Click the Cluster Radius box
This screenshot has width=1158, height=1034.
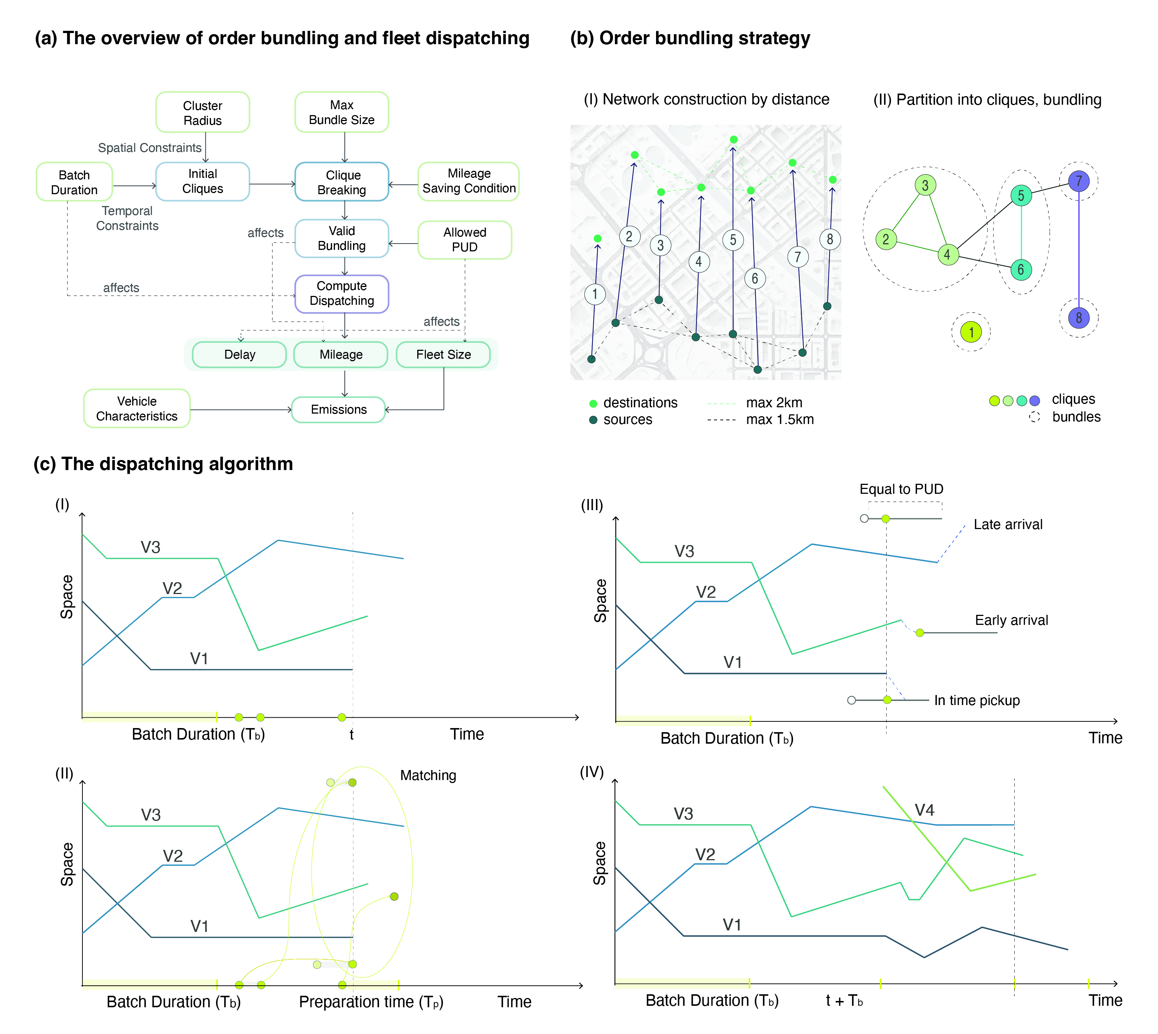(x=202, y=112)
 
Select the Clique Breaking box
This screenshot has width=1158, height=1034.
(x=342, y=182)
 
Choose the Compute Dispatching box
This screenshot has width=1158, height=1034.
(x=342, y=294)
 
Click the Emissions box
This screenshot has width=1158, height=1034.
(x=338, y=410)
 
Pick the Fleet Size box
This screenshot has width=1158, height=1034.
(x=443, y=355)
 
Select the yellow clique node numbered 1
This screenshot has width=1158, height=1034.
(x=971, y=332)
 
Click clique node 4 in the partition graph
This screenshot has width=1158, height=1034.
(x=947, y=255)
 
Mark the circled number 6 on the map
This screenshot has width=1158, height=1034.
(x=754, y=278)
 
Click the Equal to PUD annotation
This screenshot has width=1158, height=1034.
(x=901, y=489)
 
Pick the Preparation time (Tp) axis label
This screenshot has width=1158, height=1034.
(x=371, y=1002)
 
